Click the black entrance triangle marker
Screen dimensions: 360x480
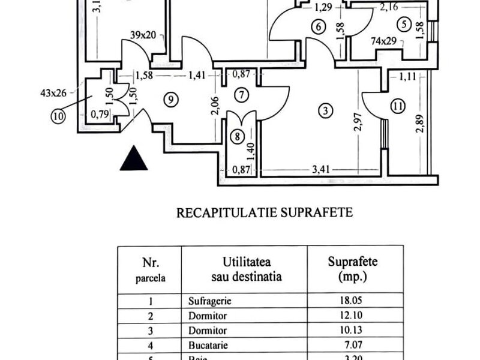click(x=133, y=160)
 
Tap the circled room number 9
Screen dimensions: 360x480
click(x=172, y=100)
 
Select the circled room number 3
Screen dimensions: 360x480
click(x=325, y=110)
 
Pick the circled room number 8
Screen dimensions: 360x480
click(x=239, y=137)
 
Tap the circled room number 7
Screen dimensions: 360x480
click(x=241, y=94)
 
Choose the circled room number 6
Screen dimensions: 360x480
click(x=318, y=26)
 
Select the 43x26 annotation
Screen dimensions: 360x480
click(x=50, y=93)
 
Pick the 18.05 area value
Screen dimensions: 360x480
click(x=356, y=301)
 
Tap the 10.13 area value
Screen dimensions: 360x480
click(x=356, y=331)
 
